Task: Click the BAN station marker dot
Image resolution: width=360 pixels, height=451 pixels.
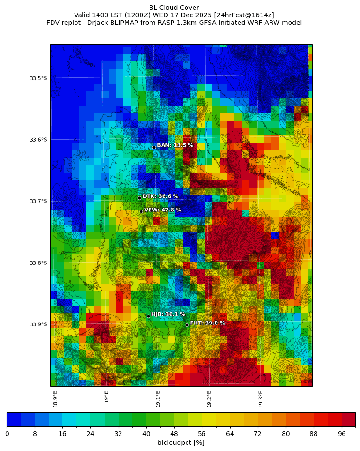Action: coord(154,147)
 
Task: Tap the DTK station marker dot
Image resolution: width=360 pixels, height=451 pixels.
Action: coord(139,198)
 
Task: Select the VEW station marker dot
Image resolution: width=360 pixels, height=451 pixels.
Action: coord(141,211)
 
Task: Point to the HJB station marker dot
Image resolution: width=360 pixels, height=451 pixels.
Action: coord(148,316)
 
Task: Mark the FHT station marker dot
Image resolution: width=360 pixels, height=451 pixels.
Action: coord(187,325)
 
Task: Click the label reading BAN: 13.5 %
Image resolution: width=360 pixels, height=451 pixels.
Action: coord(175,145)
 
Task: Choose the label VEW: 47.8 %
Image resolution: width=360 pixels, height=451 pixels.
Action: coord(163,210)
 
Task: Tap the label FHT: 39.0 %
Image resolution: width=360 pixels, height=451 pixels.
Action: coord(207,323)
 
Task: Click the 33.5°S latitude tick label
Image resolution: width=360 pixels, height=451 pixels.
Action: coord(38,78)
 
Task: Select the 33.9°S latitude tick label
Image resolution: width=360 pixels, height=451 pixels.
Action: coord(38,324)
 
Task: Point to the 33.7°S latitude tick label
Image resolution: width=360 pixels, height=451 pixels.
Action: coord(38,201)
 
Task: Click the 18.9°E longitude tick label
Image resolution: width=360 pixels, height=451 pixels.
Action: coord(55,399)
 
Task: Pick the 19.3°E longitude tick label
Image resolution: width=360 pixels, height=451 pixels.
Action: coord(261,399)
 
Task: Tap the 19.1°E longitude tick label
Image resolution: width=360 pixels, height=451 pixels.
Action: coord(158,399)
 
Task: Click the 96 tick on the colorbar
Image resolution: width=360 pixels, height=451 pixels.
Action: coord(341,434)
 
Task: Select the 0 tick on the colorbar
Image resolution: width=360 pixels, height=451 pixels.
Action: coord(7,434)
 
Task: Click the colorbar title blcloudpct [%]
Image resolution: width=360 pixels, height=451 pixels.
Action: coord(181,443)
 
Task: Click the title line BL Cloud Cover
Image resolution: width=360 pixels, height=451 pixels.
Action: coord(174,8)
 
